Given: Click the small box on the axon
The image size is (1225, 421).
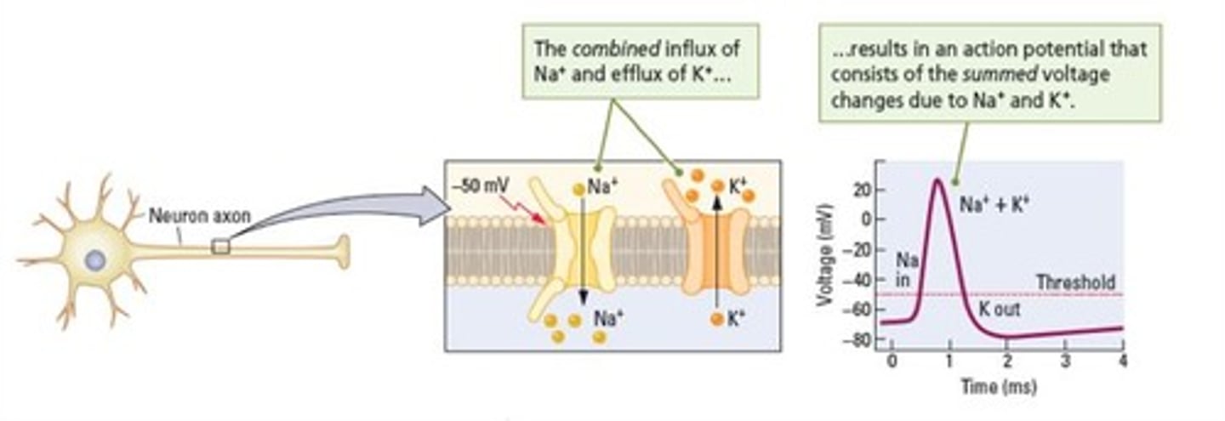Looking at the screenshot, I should tap(220, 247).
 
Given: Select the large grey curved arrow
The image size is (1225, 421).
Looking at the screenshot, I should tap(340, 213).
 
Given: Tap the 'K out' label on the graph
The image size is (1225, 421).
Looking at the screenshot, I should tap(999, 310).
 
